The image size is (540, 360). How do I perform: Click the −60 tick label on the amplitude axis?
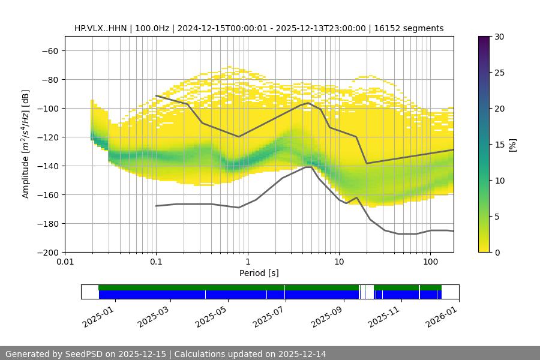click(x=49, y=50)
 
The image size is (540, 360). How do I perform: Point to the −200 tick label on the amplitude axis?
click(x=47, y=252)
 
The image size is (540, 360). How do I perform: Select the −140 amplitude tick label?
click(x=47, y=166)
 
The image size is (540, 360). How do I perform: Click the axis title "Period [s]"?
click(x=259, y=273)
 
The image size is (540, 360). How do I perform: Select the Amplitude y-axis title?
click(x=25, y=144)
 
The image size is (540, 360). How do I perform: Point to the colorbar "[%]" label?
click(x=512, y=145)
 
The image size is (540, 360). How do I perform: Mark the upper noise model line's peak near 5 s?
click(x=308, y=103)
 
